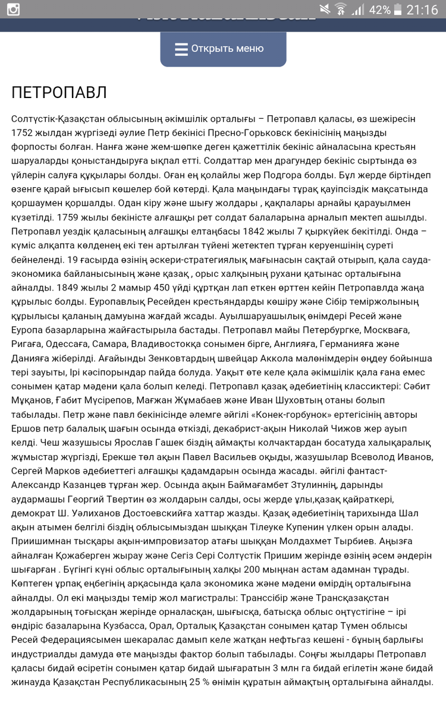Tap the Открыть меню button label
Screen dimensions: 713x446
(227, 49)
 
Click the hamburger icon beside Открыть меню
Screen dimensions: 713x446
(181, 49)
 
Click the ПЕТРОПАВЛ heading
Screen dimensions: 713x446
(59, 93)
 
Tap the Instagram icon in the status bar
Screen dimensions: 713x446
(12, 10)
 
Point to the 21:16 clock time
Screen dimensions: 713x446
(422, 10)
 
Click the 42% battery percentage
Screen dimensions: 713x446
(379, 10)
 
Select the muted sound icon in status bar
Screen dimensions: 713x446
(325, 10)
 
